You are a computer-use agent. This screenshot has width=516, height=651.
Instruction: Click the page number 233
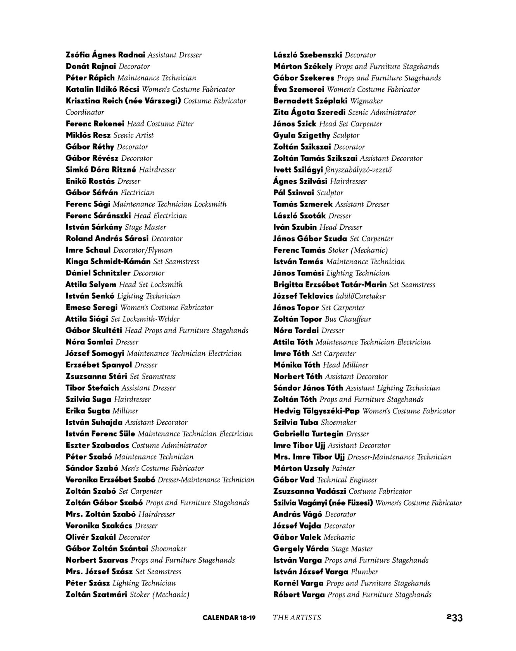454,617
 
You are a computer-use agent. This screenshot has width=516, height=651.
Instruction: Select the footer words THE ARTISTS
297,617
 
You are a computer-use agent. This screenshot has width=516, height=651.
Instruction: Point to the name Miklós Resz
88,135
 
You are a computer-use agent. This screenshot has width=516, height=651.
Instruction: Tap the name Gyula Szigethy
302,135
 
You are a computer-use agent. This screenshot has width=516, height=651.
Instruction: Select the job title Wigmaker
366,101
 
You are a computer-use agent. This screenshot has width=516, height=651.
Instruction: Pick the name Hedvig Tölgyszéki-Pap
316,411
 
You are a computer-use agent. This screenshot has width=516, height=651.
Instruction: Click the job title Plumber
364,572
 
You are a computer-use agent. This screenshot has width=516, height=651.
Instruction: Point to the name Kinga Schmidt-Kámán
108,262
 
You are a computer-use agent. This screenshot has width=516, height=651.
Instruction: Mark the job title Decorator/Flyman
143,250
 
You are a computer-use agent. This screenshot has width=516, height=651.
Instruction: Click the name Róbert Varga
299,594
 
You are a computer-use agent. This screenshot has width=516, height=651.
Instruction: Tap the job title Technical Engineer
347,480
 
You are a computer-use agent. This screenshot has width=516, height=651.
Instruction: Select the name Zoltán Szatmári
96,594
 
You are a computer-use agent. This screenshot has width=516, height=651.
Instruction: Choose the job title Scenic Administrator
382,112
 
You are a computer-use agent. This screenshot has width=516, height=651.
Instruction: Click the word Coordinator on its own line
85,112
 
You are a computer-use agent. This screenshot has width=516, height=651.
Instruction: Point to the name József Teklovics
303,296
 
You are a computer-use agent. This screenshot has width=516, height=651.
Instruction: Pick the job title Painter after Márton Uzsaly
343,468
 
